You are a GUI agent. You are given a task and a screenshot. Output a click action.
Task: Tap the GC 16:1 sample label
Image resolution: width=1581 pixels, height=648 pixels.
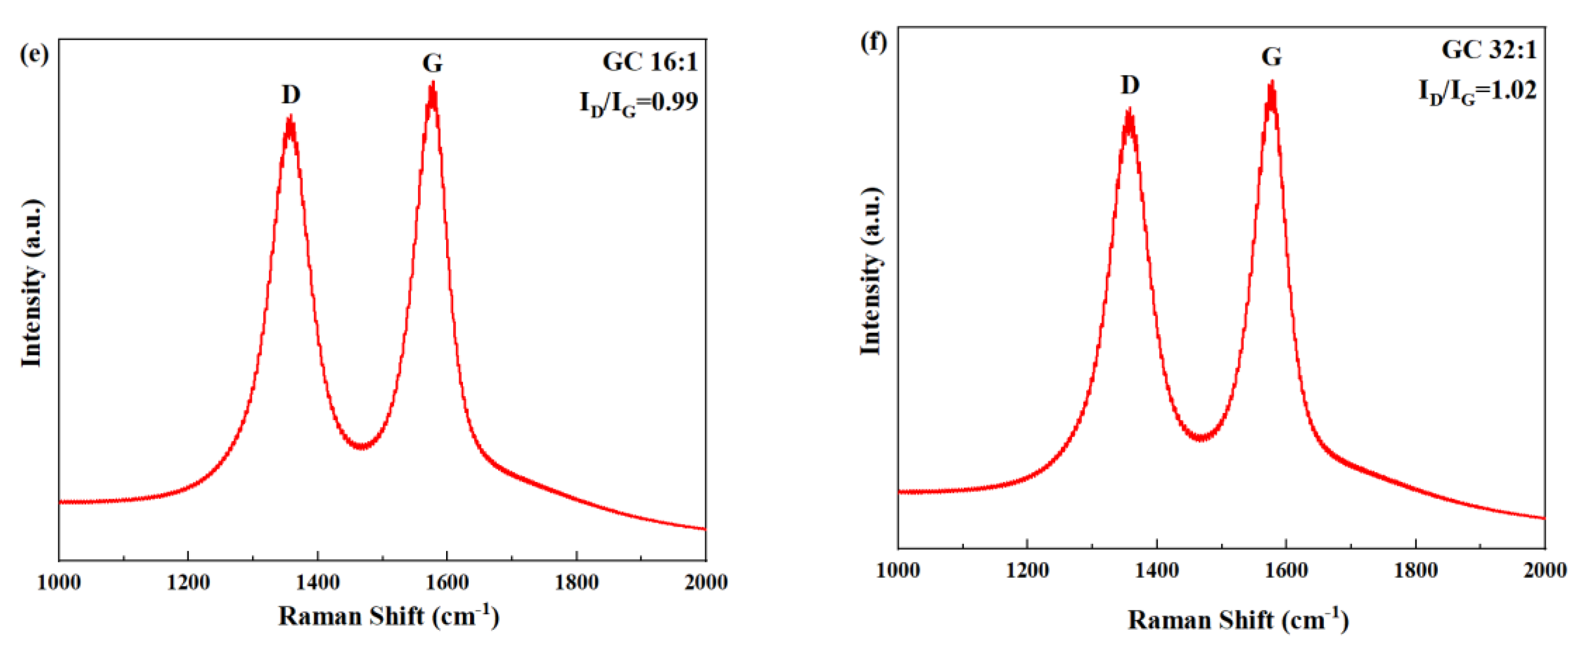click(650, 62)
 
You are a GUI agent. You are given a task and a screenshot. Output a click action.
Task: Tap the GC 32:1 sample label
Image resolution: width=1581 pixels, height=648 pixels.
click(1489, 50)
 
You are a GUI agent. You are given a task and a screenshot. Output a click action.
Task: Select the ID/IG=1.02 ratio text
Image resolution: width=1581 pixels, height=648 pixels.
click(1477, 91)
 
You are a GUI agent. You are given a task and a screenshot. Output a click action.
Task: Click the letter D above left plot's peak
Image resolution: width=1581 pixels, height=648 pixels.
click(291, 95)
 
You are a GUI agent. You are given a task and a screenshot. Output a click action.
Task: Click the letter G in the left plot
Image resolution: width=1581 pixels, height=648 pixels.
click(432, 63)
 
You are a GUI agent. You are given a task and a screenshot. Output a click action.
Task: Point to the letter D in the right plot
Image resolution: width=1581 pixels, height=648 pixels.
click(1130, 85)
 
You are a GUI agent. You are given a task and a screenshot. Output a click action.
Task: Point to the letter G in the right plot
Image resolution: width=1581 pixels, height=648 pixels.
click(1271, 57)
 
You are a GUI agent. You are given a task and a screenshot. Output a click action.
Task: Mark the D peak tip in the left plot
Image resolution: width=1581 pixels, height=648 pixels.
click(290, 117)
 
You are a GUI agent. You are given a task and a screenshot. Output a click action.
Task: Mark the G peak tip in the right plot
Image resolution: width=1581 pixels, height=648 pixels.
click(1271, 83)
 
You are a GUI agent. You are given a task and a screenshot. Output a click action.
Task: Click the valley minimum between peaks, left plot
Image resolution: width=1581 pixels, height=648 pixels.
click(362, 446)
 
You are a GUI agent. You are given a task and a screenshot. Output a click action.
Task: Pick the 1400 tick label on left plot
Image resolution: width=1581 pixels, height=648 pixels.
click(317, 582)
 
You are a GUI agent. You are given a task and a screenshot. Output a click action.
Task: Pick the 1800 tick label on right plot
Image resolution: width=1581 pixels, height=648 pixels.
click(1415, 570)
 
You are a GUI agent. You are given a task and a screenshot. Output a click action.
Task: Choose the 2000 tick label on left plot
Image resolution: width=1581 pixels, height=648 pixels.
click(706, 582)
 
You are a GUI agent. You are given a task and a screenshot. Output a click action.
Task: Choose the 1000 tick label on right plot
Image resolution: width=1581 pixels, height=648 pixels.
click(898, 570)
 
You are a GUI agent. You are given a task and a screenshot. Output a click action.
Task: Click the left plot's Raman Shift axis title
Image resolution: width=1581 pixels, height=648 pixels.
click(389, 616)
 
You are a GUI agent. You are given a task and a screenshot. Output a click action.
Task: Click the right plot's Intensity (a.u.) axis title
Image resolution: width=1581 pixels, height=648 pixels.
click(871, 271)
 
